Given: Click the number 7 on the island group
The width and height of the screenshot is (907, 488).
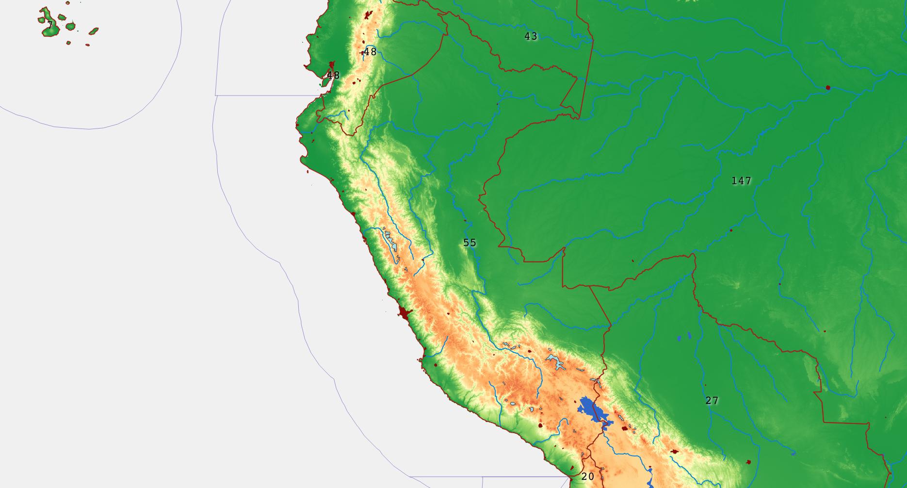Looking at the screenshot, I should point(50,25).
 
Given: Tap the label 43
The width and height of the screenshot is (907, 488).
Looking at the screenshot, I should point(531,36).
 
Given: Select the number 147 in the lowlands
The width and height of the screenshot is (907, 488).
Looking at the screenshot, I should point(741,181).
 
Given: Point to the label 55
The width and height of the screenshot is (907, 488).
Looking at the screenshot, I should point(470,243).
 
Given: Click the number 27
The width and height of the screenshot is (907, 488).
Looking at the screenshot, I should point(712,401).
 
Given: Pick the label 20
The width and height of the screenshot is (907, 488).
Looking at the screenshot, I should point(587,477).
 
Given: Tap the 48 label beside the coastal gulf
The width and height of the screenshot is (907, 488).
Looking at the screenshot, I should point(333,76).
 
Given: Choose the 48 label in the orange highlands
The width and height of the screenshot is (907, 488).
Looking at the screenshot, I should point(370,52).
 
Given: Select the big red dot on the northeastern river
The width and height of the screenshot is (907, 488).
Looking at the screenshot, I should point(828,88).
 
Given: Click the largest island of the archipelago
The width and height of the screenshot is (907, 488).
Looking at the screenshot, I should point(49,29).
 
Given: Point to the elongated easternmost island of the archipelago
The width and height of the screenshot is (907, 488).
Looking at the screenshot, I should point(94,31).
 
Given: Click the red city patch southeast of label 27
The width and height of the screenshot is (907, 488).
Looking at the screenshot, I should point(748,462).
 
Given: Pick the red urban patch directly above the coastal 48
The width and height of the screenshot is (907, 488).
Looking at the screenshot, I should point(332,65).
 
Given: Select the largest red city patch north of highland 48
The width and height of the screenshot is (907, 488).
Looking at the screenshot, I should point(368,15).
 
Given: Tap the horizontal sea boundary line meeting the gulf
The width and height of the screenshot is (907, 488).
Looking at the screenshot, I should point(262,96).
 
